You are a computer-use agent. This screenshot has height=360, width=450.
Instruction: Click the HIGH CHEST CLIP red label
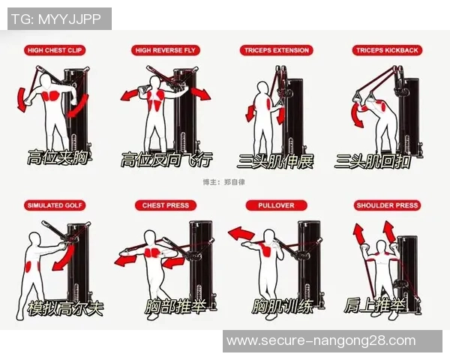tap(55, 50)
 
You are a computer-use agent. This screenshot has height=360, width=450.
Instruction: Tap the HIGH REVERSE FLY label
tap(165, 50)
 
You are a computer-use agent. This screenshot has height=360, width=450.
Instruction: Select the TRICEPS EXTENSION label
tap(276, 50)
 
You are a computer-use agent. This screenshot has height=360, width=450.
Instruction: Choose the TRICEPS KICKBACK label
tap(387, 50)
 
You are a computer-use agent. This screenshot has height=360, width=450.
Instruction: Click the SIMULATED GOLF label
tap(55, 205)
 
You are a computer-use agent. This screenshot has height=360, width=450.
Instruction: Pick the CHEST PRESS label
tap(166, 205)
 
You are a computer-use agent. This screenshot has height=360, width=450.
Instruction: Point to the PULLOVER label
tap(276, 205)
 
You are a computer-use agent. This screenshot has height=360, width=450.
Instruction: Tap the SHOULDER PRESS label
tap(387, 205)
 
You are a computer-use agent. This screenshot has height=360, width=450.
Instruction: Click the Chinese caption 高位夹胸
tap(58, 157)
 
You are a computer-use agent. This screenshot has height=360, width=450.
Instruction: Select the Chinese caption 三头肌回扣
tap(373, 162)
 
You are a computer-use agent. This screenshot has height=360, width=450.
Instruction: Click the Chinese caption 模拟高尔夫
tap(65, 308)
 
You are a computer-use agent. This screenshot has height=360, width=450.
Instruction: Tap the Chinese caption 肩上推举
tap(375, 305)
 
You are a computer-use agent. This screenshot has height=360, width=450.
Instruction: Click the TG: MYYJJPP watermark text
tap(56, 19)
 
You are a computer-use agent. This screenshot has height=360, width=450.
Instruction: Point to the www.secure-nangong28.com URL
tap(321, 340)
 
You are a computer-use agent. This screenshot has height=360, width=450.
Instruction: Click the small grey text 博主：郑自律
tap(223, 182)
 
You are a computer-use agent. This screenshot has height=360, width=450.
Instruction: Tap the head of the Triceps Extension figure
tap(262, 88)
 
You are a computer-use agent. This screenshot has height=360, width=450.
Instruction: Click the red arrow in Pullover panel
tap(241, 234)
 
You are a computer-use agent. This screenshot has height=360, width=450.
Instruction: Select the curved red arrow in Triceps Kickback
tap(356, 115)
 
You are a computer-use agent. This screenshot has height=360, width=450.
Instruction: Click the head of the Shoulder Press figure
tap(381, 247)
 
